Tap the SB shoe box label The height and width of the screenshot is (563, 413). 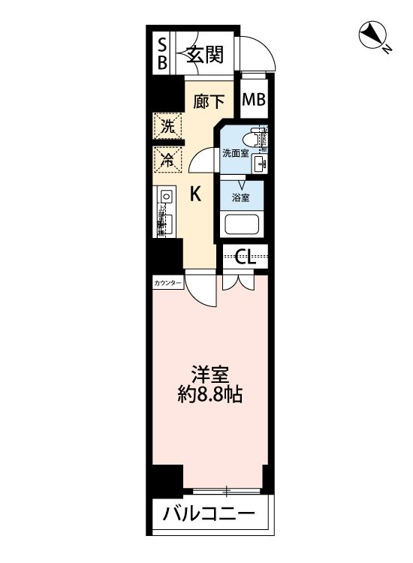161,54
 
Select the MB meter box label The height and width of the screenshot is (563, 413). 253,98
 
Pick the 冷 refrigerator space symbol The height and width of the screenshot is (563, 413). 168,159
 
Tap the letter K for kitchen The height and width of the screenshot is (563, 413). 194,194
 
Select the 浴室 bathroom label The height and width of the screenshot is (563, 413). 241,198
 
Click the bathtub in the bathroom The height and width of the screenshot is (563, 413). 241,224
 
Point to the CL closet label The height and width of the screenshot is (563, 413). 246,258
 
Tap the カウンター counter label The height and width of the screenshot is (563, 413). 167,284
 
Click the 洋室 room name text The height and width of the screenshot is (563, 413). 210,373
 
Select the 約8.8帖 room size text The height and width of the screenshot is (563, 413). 210,395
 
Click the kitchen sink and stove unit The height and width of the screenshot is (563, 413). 166,212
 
